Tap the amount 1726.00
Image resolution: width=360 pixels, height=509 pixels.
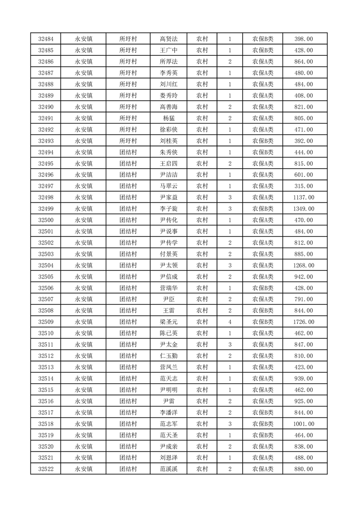pos(304,322)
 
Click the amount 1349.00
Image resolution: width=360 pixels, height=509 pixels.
pos(304,209)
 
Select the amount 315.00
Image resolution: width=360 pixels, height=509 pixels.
pos(304,186)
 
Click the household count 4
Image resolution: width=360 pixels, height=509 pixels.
pos(230,322)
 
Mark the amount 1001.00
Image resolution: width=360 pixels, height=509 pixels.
pos(304,424)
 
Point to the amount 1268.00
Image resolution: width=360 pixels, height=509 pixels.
pos(304,265)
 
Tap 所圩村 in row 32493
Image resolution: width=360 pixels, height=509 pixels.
pos(128,141)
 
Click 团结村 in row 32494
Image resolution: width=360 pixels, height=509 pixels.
pos(128,152)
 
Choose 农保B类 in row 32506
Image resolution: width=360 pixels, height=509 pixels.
pos(263,288)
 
